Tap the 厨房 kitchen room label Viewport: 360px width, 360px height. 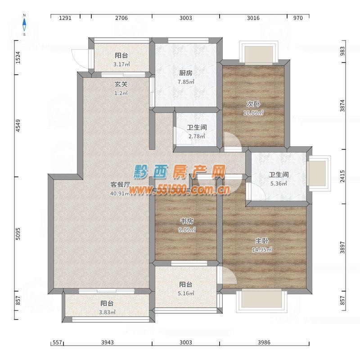186,73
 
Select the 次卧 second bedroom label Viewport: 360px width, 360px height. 253,104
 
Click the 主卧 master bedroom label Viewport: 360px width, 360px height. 262,241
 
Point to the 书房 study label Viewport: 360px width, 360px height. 187,221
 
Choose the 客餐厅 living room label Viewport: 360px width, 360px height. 121,184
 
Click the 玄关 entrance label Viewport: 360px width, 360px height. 121,84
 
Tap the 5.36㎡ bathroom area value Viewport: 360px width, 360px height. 279,184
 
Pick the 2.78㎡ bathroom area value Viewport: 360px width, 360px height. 197,136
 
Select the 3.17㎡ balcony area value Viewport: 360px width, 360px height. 121,64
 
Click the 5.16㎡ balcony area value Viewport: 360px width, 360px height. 186,293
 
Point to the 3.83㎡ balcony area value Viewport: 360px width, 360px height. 107,312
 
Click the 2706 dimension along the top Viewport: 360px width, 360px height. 121,18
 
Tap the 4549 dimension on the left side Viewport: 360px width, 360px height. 18,126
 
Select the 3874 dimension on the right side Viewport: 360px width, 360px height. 342,106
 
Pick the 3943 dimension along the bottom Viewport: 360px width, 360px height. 108,342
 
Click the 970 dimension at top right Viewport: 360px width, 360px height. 298,18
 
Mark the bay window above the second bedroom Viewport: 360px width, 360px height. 259,53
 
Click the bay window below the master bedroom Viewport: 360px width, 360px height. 262,301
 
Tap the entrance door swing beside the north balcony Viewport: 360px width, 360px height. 81,59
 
